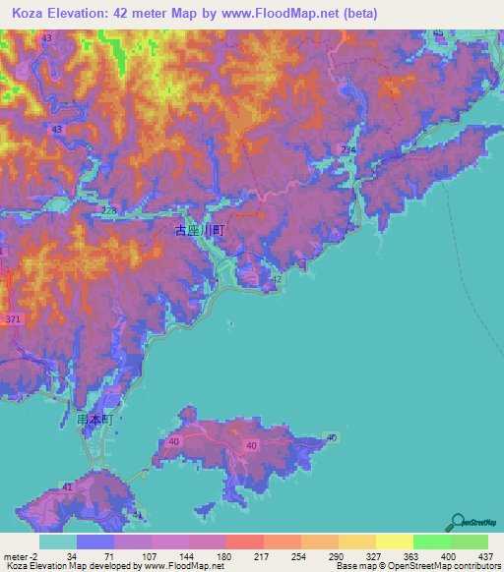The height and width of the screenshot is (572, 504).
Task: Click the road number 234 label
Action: point(347,148)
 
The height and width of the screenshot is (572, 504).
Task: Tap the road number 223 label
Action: point(108,211)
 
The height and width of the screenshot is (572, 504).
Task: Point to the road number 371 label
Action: point(12,320)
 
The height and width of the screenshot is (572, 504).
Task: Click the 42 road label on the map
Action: point(277,280)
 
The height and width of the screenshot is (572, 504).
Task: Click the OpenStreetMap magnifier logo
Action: point(458,522)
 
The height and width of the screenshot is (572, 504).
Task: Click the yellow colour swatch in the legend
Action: point(394,542)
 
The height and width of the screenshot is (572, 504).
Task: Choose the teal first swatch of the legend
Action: point(58,542)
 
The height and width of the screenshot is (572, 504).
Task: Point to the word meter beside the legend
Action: point(14,557)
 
